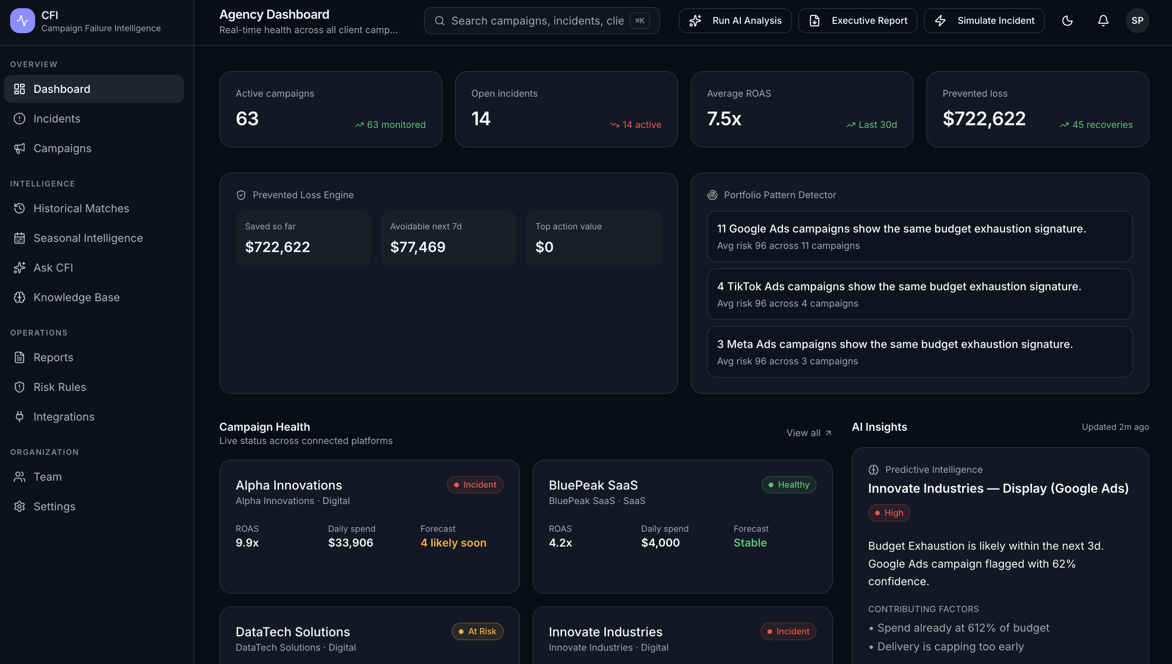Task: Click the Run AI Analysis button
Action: tap(735, 21)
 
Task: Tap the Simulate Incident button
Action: tap(984, 21)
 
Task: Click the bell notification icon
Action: tap(1103, 21)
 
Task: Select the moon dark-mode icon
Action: tap(1067, 21)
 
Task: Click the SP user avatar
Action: tap(1137, 21)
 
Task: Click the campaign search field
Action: tap(542, 21)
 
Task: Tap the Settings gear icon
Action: tap(19, 507)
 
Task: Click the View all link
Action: tap(808, 433)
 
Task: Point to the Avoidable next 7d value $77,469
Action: tap(418, 247)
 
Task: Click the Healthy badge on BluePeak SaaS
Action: tap(788, 485)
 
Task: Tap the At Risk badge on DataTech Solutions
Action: tap(478, 632)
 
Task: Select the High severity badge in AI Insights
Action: tap(889, 513)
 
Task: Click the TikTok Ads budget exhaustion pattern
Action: tap(919, 294)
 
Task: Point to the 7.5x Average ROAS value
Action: tap(724, 119)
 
